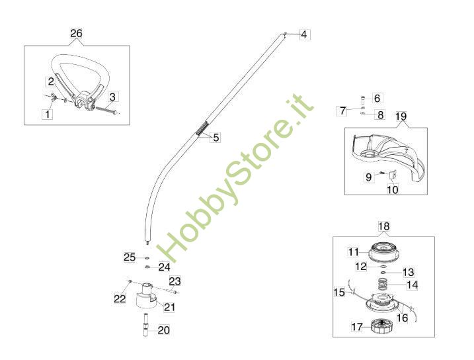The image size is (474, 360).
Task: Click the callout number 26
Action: tap(76, 33)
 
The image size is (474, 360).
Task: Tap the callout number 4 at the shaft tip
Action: tap(304, 34)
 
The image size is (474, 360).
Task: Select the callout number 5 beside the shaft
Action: tap(216, 138)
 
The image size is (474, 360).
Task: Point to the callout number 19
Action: tap(401, 116)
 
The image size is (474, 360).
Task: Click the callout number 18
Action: tap(384, 226)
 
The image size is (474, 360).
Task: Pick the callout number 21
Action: tap(169, 307)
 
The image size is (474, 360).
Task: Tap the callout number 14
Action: tap(413, 285)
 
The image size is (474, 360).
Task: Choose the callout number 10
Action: tap(393, 190)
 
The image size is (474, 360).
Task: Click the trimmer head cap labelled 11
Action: tap(383, 252)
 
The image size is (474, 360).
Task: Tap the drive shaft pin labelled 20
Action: tap(146, 325)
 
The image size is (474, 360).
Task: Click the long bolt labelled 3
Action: tap(106, 109)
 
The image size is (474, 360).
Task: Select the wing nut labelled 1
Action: tap(54, 97)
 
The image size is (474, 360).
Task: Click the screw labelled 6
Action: tap(362, 99)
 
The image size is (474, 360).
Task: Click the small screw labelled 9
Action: tap(381, 173)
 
